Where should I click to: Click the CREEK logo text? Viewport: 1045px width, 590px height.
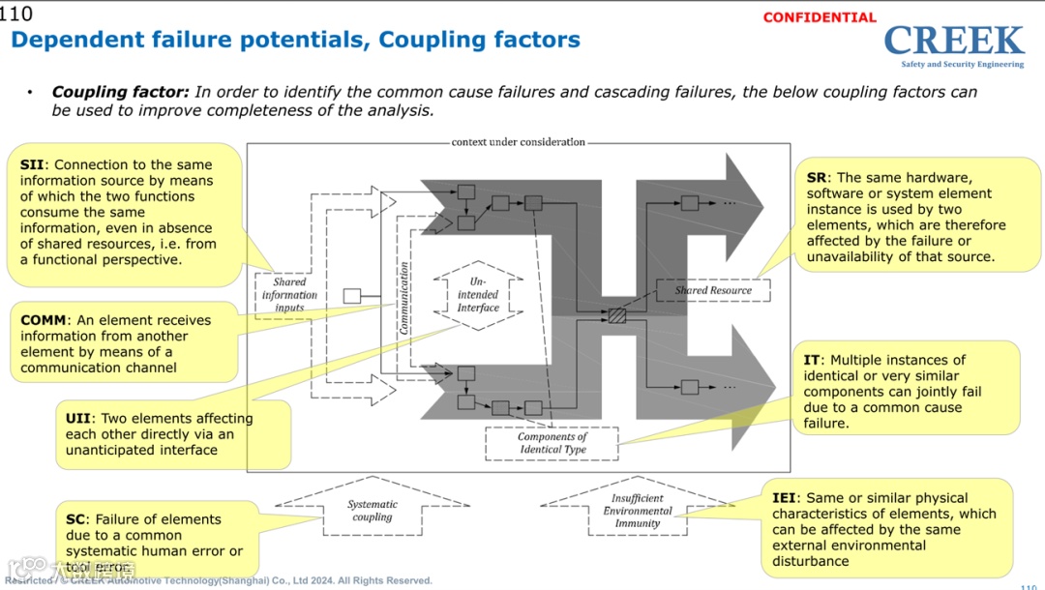953,41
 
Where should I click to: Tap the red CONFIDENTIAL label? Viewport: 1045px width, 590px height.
820,17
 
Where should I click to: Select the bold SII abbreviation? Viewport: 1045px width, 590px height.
31,165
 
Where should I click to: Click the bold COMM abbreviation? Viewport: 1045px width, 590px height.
44,320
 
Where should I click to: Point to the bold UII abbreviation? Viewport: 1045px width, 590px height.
77,419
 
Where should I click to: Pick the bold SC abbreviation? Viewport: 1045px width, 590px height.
76,519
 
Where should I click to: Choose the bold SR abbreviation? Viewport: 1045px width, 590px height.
817,178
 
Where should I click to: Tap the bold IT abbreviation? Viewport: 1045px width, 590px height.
812,360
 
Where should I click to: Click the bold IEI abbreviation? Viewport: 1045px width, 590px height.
784,498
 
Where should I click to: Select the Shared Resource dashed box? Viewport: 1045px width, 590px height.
713,290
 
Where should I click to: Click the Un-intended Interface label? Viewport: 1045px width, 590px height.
478,294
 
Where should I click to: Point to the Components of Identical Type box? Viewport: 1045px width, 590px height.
552,443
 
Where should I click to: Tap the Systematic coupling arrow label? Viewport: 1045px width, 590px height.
373,511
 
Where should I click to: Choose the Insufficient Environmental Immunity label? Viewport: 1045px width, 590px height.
638,511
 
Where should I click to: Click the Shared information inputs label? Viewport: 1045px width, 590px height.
289,295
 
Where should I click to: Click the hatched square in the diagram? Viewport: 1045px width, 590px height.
617,315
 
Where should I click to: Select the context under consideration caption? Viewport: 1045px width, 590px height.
519,142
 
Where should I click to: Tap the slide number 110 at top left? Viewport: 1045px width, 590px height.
16,14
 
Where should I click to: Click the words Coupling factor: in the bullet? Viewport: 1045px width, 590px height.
120,93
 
